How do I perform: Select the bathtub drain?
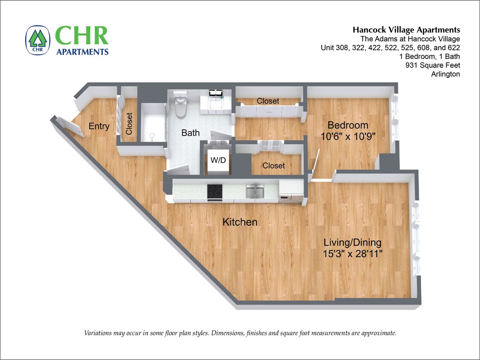point(151,136)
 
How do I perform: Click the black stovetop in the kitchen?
point(215,192)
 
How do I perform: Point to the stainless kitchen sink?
point(255,192)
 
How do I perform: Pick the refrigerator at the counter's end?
point(291,192)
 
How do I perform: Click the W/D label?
point(218,161)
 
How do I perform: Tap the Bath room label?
point(190,133)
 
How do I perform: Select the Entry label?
point(99,126)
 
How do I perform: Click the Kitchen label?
point(240,222)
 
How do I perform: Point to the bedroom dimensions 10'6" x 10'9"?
point(348,136)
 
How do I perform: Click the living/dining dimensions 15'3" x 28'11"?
point(352,253)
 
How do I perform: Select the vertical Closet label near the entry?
point(129,124)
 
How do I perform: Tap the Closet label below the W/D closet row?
point(273,165)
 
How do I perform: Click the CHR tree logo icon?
point(38,40)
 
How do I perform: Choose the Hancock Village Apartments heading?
point(406,30)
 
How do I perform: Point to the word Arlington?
point(445,74)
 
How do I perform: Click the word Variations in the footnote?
point(99,333)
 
